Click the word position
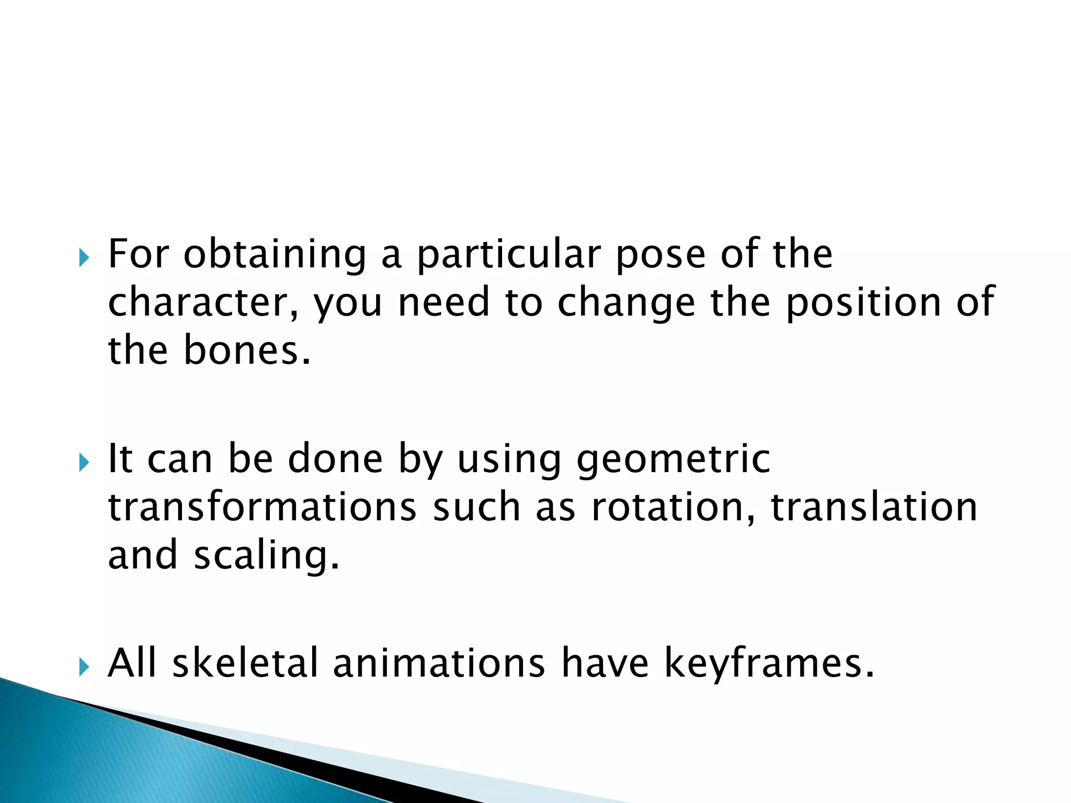click(863, 303)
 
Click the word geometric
click(673, 459)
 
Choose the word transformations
click(262, 507)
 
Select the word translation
click(874, 507)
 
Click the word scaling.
click(266, 555)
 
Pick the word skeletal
click(245, 663)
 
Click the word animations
click(439, 663)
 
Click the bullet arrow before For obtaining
click(84, 258)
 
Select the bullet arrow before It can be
click(84, 462)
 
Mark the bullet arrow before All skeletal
click(84, 667)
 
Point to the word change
click(626, 304)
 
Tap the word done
click(335, 459)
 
